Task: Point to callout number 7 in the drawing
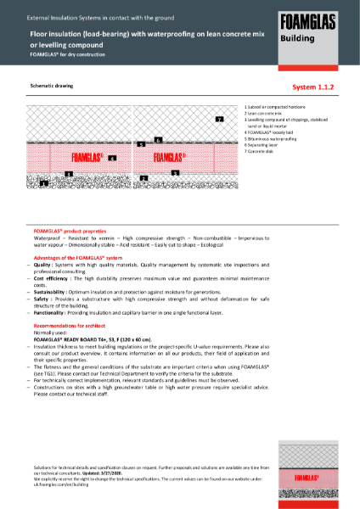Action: tap(219, 120)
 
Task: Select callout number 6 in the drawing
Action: tap(158, 140)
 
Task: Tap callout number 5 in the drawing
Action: tap(140, 145)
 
